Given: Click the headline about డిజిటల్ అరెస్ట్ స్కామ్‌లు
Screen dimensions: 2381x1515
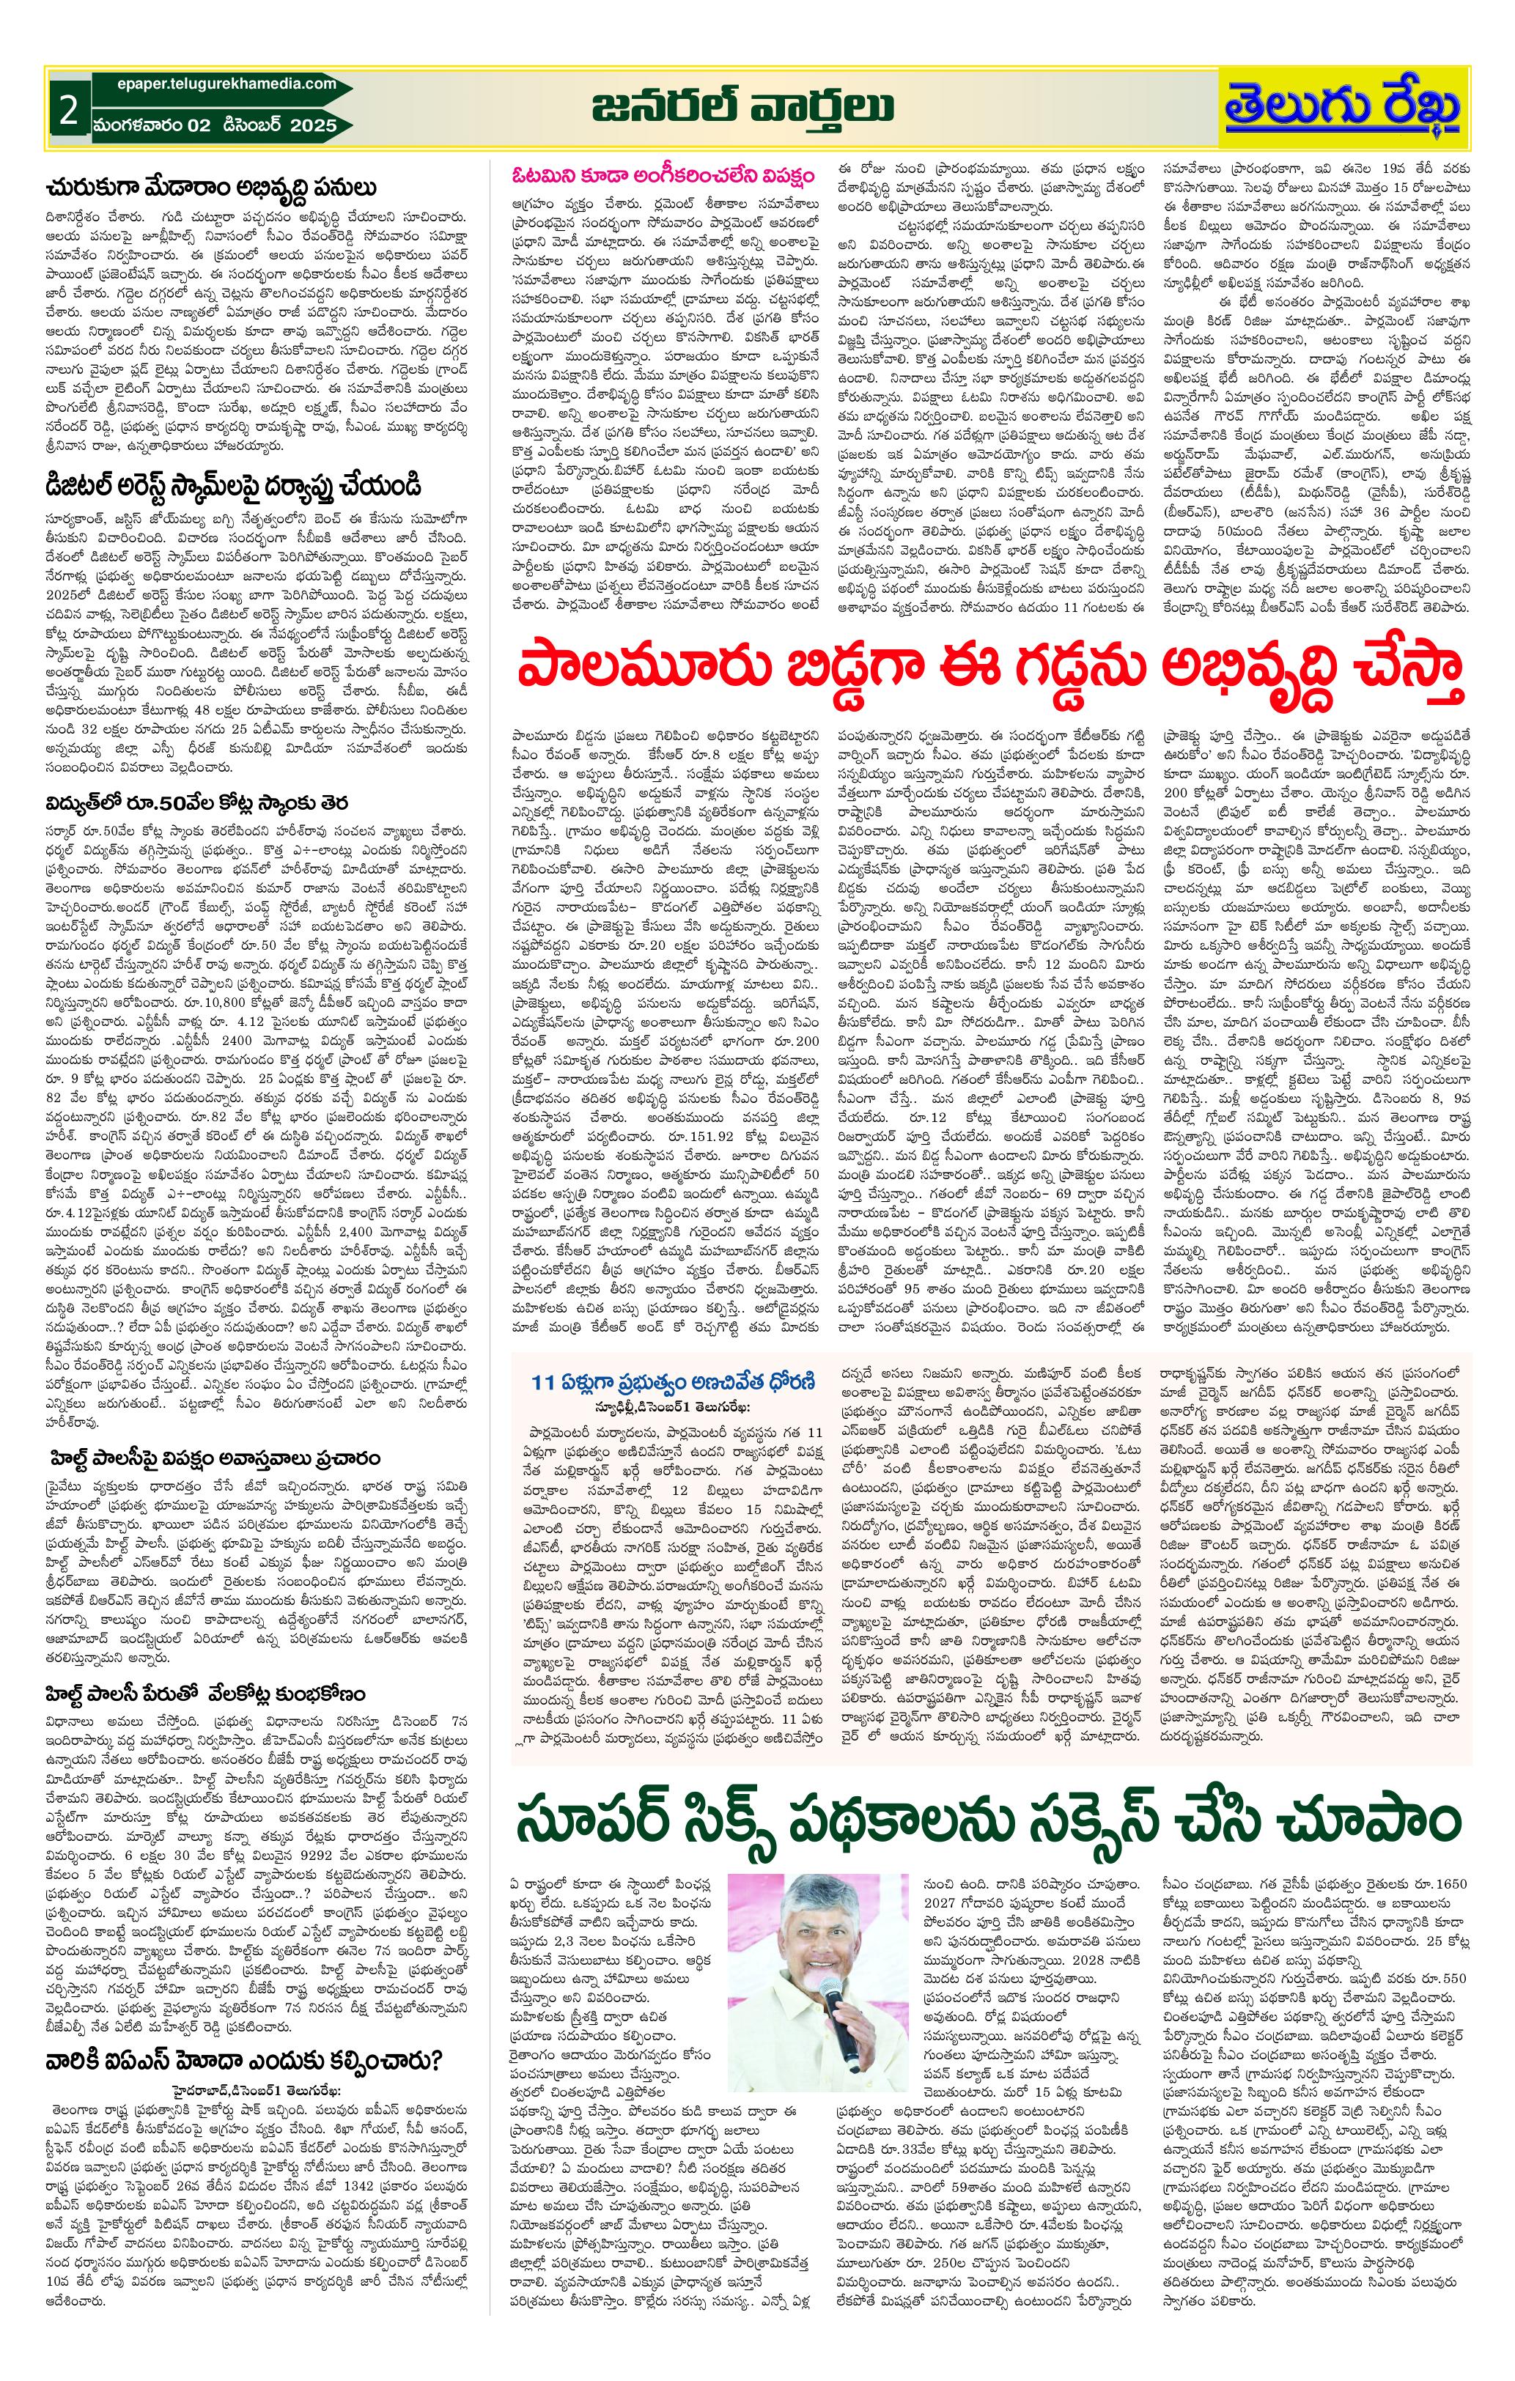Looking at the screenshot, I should pyautogui.click(x=233, y=487).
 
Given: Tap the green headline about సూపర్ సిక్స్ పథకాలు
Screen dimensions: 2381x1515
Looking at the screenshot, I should pyautogui.click(x=989, y=1817).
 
